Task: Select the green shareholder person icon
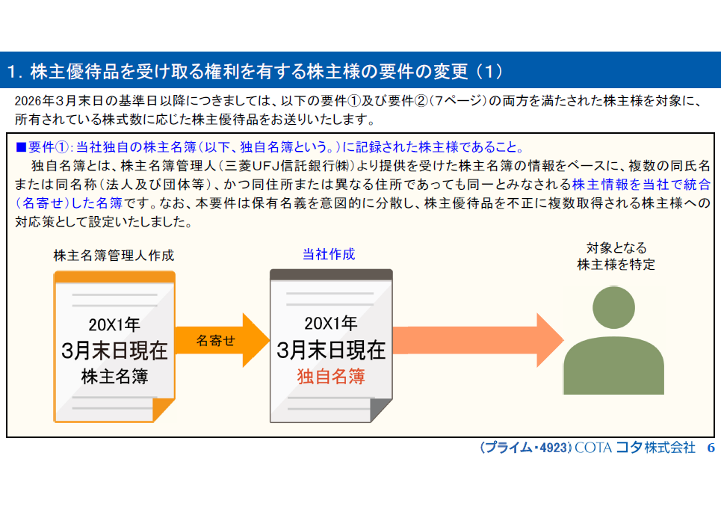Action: tap(613, 341)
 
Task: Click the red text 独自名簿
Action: tap(331, 376)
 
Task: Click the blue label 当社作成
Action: tap(329, 255)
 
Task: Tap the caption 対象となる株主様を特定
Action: tap(616, 256)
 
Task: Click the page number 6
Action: tap(711, 448)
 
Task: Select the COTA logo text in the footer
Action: tap(592, 448)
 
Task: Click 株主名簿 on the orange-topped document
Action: tap(114, 376)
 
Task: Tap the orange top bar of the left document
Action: tap(114, 277)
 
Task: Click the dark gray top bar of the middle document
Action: tap(331, 274)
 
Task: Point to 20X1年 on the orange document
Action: tap(114, 324)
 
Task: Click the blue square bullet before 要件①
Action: tap(21, 146)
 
